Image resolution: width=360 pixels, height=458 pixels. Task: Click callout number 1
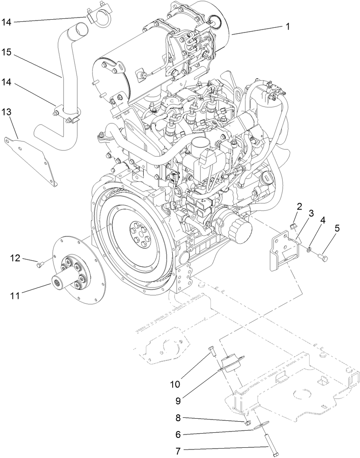point(288,27)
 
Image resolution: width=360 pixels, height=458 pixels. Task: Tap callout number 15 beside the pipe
point(6,52)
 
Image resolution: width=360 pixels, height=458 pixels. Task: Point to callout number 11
point(15,295)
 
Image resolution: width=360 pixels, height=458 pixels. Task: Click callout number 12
point(15,257)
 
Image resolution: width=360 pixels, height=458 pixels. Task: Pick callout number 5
point(337,228)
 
